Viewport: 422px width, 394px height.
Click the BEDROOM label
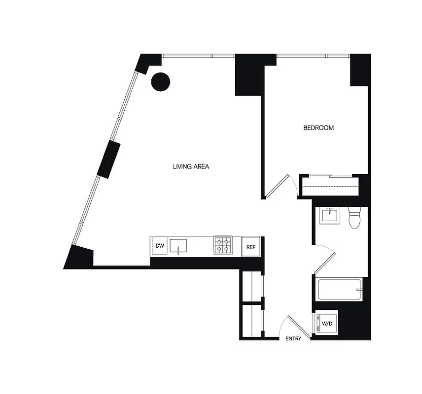coord(318,128)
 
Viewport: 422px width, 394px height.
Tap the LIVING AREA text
coord(191,166)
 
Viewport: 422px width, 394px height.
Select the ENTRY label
coord(293,339)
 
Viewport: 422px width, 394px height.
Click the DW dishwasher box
coord(160,245)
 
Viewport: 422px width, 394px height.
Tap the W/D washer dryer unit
coord(327,324)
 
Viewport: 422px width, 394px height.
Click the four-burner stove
coord(223,245)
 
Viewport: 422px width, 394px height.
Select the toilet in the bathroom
coord(354,218)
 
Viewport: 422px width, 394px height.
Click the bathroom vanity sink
coord(329,216)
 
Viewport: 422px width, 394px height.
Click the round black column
coord(160,81)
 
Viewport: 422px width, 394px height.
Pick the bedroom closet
coord(329,186)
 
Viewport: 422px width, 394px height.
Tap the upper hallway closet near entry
coord(252,285)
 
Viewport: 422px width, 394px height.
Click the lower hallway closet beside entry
coord(252,321)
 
